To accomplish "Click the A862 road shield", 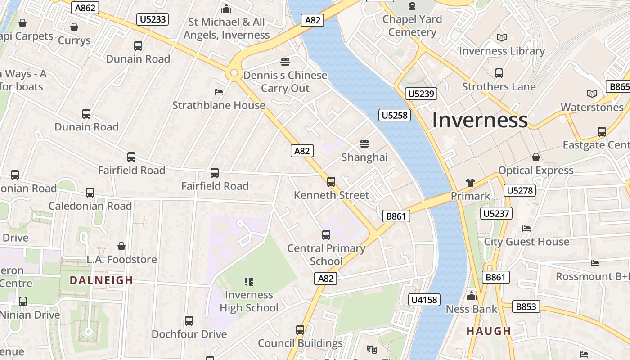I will click(85, 8).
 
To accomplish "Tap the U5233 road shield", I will click(153, 19).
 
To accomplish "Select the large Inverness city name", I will click(480, 120).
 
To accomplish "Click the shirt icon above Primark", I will click(470, 182).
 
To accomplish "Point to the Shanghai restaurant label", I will click(364, 157).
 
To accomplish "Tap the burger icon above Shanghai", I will click(364, 144).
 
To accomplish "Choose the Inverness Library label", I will click(502, 51).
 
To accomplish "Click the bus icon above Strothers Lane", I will click(499, 73).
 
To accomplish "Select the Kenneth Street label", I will click(331, 195).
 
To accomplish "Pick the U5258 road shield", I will click(395, 115).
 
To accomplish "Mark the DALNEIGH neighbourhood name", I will click(101, 280).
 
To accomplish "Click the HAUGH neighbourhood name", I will click(489, 331).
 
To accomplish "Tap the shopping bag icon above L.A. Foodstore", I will click(121, 246).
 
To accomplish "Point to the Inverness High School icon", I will click(249, 282).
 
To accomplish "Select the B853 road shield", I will click(526, 306).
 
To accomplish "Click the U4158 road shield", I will click(424, 299).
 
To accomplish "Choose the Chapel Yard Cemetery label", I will click(412, 26).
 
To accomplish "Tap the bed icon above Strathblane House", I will click(219, 92).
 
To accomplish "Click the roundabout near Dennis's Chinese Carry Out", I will click(234, 73).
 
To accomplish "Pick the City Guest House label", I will click(526, 242).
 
